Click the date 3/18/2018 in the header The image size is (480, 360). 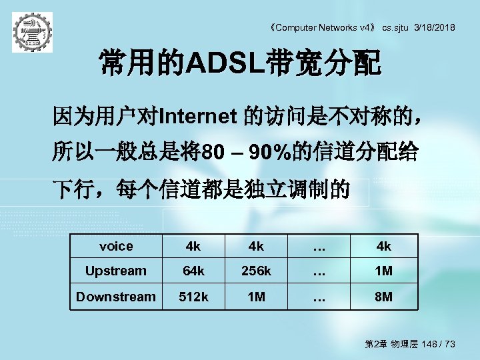[x=435, y=27]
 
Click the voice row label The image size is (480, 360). [x=116, y=246]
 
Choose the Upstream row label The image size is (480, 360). [x=116, y=271]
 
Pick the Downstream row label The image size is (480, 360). [x=116, y=296]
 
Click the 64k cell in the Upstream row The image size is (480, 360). [x=193, y=271]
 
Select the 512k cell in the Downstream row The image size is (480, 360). [x=193, y=296]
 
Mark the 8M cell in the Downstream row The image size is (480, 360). [x=383, y=296]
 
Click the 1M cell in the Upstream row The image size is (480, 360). [x=383, y=271]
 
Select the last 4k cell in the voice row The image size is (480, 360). [x=383, y=246]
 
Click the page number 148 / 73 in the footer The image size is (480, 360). [x=437, y=344]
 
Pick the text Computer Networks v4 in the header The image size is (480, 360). [x=321, y=27]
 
